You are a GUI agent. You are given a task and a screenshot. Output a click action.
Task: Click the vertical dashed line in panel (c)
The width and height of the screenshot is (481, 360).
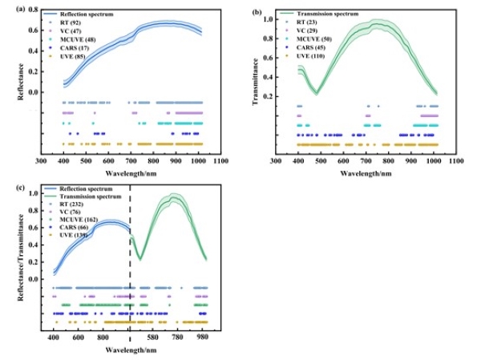pyautogui.click(x=130, y=265)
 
